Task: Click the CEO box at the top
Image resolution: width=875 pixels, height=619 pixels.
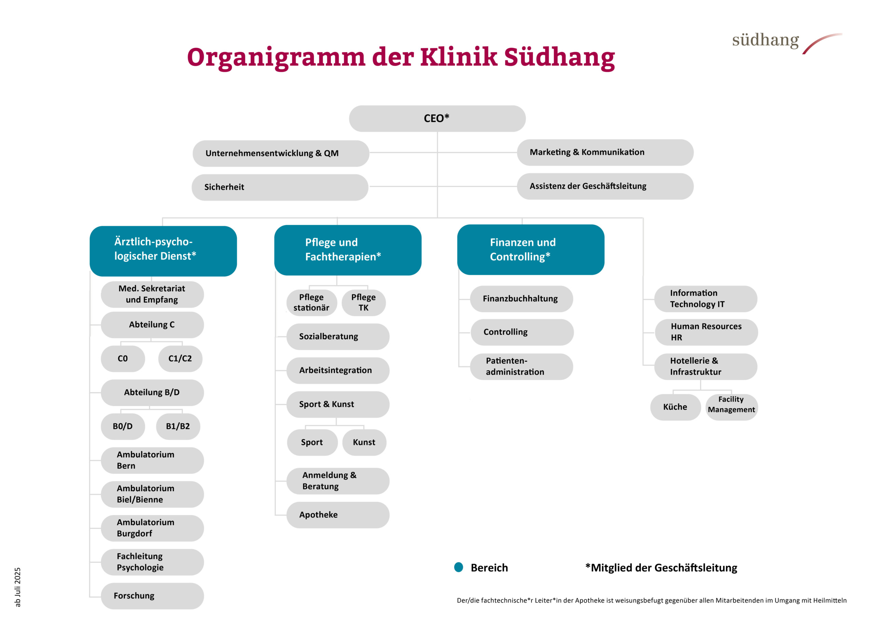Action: tap(437, 119)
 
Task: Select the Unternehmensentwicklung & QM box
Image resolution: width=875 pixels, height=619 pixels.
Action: tap(281, 153)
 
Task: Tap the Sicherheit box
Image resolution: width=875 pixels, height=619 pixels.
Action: tap(280, 187)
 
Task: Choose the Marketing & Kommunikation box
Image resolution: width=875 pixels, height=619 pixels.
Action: tap(605, 153)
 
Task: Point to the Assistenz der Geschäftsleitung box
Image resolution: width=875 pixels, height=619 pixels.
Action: tap(605, 186)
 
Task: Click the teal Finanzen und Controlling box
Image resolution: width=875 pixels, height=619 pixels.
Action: tap(531, 250)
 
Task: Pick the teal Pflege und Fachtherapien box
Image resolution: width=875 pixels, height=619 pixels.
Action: tap(348, 250)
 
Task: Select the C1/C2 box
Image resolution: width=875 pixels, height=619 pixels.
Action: tap(180, 359)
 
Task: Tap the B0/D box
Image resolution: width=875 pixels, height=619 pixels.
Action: tap(123, 426)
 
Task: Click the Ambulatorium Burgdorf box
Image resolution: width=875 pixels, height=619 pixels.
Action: tap(152, 528)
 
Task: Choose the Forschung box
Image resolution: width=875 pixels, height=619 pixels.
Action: tap(152, 596)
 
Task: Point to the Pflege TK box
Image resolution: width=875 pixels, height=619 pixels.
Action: tap(364, 303)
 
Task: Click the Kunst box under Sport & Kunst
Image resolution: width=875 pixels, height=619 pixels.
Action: tap(364, 443)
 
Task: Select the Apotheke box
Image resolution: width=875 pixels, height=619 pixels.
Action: tap(338, 515)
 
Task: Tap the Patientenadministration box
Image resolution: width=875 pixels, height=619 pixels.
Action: tap(521, 367)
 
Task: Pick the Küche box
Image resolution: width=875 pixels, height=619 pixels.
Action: tap(675, 407)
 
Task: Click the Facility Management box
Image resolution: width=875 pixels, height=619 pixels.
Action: tap(731, 407)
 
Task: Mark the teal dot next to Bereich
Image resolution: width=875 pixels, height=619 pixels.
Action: tap(458, 567)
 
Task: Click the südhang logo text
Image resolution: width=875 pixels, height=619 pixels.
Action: tap(765, 40)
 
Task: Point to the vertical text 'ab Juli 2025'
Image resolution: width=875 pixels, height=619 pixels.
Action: tap(17, 587)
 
